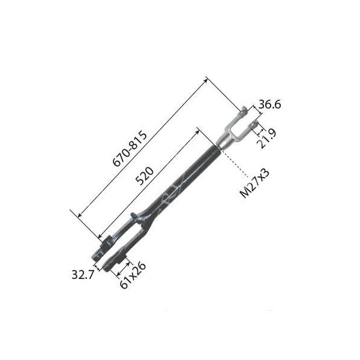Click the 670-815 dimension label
[130, 149]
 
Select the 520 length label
[145, 176]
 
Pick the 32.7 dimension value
[83, 274]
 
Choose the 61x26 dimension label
[133, 275]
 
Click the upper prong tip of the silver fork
[244, 110]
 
